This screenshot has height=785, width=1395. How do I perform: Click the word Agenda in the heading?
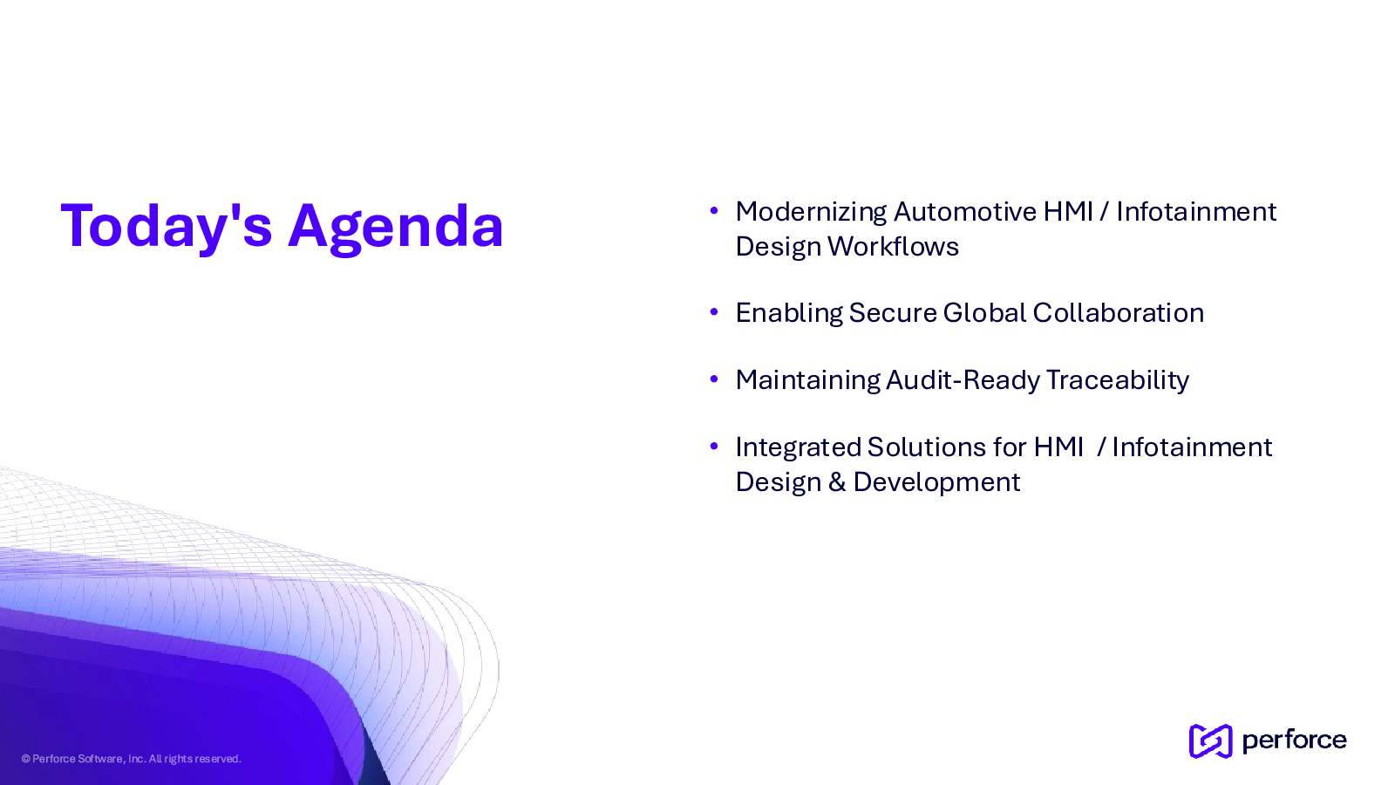point(396,228)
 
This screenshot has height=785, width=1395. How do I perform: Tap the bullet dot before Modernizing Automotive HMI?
point(714,210)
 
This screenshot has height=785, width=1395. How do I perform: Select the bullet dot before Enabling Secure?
point(714,311)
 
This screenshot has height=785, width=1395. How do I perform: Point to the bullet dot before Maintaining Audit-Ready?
point(714,379)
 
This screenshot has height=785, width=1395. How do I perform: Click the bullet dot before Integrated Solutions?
point(714,446)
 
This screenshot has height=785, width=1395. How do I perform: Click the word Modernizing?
point(811,213)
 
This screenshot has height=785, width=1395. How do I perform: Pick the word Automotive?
point(965,212)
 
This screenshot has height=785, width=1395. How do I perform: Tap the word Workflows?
point(893,246)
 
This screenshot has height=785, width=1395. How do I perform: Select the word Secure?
point(893,313)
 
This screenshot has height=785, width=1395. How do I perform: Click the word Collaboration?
point(1119,313)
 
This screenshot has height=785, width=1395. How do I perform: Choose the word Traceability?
point(1118,381)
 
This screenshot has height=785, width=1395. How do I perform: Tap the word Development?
point(936,483)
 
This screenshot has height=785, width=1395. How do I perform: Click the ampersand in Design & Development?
point(837,482)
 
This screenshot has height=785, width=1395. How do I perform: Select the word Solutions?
point(928,447)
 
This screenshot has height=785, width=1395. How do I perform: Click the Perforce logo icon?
point(1210,741)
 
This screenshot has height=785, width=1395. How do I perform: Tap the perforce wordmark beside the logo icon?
point(1294,741)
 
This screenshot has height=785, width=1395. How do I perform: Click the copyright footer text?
point(131,759)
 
